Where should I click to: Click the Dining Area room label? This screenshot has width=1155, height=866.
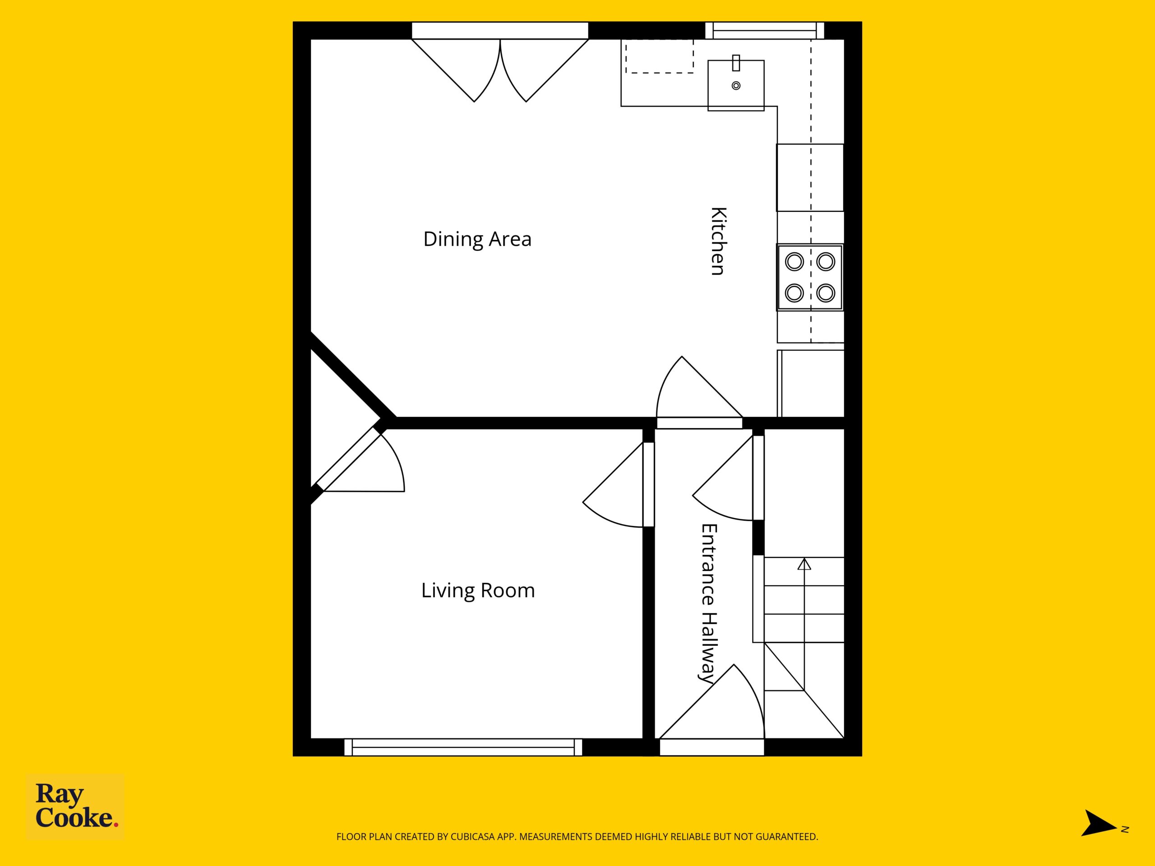(477, 240)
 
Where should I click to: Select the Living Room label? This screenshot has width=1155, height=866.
(478, 590)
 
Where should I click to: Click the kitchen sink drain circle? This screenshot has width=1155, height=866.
(736, 86)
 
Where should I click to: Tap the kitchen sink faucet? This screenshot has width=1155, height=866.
(736, 63)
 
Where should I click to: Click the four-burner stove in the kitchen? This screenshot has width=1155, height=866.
(810, 277)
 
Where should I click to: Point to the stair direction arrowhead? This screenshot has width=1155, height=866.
(804, 564)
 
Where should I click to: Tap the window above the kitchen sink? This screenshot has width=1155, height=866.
(764, 30)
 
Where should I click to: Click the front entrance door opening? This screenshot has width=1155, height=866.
(711, 747)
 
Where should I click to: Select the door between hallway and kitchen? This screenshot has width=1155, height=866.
(699, 423)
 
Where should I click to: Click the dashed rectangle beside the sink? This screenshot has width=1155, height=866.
(660, 56)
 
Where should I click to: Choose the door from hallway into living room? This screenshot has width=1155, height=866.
(648, 484)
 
